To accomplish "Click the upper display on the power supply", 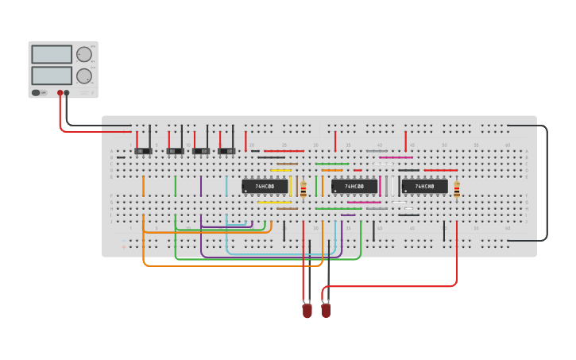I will click(x=52, y=55).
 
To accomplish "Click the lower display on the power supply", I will click(x=52, y=75).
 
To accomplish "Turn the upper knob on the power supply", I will click(x=83, y=55).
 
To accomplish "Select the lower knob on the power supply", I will click(x=83, y=76).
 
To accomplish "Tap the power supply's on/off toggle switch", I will click(x=37, y=93).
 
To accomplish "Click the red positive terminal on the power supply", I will click(x=60, y=93).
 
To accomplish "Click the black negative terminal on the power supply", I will click(x=67, y=93).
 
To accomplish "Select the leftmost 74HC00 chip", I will click(x=265, y=187).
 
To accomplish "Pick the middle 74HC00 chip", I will click(x=354, y=187).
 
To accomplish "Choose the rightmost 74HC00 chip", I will click(x=424, y=187).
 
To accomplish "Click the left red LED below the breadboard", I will click(x=307, y=311).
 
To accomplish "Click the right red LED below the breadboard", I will click(x=326, y=311).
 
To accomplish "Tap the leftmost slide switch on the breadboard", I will click(x=143, y=150).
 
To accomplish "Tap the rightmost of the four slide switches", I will click(x=227, y=150).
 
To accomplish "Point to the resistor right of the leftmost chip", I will click(x=303, y=188).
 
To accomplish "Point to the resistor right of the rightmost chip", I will click(x=457, y=189).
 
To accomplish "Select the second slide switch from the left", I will click(x=176, y=150).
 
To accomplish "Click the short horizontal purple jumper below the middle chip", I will click(x=348, y=215).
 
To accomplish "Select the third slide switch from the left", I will click(x=202, y=150).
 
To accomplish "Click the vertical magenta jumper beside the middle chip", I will click(x=380, y=186).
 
